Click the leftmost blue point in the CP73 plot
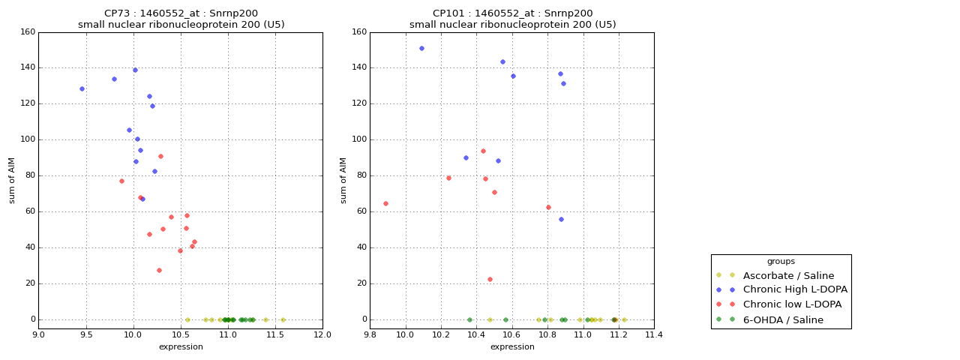pos(82,88)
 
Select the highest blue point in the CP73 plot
pos(135,70)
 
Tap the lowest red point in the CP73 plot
pos(159,270)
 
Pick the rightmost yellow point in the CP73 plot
pos(283,319)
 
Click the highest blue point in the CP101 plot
pos(421,48)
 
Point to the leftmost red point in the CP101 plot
pos(385,203)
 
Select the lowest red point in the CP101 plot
pos(490,279)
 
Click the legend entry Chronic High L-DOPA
pos(795,289)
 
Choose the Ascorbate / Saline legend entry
pos(788,275)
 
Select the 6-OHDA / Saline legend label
pos(783,320)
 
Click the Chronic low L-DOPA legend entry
pos(792,304)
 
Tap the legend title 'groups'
pos(781,261)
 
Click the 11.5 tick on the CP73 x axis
pos(275,334)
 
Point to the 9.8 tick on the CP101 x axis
pos(370,334)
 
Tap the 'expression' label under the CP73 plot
pos(181,346)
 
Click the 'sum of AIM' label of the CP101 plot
pos(343,180)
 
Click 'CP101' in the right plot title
pos(447,13)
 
